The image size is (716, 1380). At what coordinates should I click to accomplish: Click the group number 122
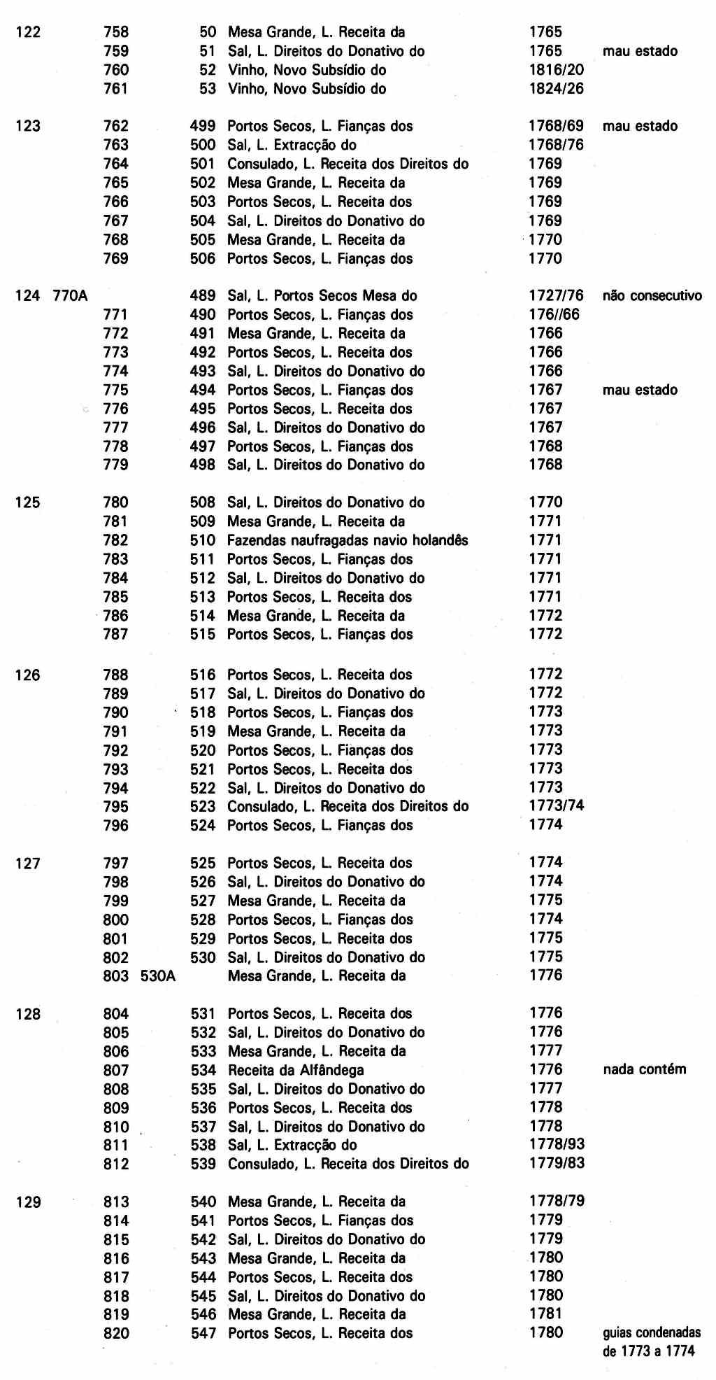(28, 32)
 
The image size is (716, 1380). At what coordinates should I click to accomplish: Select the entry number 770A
(70, 296)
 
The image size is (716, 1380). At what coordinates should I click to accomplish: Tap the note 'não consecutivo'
(652, 296)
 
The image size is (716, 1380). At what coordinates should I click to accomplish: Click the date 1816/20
(556, 70)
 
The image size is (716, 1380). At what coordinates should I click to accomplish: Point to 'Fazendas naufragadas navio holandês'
(348, 540)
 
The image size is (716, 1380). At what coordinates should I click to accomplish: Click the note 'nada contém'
(644, 1069)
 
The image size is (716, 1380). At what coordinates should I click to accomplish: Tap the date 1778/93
(557, 1145)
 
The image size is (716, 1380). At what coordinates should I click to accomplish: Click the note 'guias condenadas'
(651, 1333)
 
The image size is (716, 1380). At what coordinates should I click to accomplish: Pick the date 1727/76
(556, 296)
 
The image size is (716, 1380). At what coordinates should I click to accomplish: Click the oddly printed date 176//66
(554, 315)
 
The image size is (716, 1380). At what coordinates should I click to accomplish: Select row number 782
(116, 540)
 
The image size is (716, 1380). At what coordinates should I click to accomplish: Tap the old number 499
(203, 127)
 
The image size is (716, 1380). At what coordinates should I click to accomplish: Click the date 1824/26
(556, 89)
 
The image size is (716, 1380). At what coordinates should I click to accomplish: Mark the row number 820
(116, 1333)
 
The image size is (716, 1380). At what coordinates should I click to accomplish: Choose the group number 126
(28, 675)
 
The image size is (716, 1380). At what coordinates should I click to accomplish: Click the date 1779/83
(557, 1164)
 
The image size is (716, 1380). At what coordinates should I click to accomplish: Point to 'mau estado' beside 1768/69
(640, 127)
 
